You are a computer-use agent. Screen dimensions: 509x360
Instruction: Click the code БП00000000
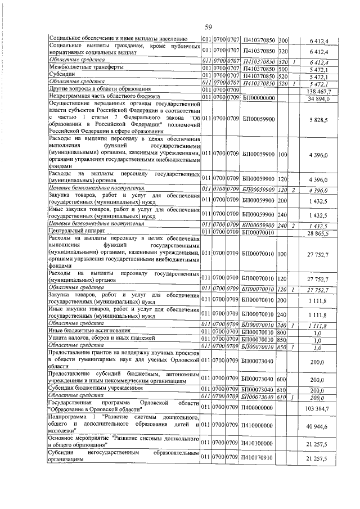coord(258,97)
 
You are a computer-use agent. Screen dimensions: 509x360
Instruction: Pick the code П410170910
coord(258,459)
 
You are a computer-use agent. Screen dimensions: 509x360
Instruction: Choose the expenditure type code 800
coord(282,331)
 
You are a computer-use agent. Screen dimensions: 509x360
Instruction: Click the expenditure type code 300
coord(282,39)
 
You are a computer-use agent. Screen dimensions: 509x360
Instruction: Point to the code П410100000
coord(258,443)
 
